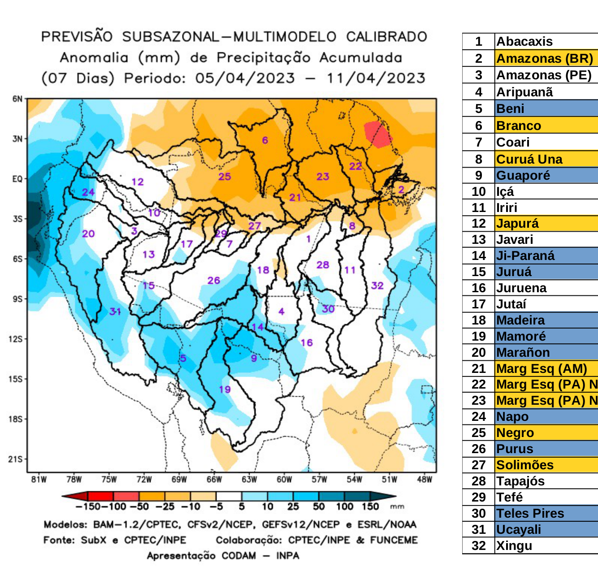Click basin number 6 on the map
pos(265,140)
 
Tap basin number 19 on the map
pos(225,389)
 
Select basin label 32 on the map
pos(377,285)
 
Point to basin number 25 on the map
pos(225,177)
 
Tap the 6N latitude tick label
pos(17,99)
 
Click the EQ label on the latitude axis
pos(17,179)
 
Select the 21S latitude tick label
pos(16,459)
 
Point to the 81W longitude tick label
pos(39,480)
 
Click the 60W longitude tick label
pos(284,480)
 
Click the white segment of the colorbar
pos(229,496)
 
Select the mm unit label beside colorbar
pos(397,507)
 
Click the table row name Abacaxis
pos(524,42)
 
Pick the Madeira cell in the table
pos(520,320)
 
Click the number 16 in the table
pos(478,288)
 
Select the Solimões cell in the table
pos(524,465)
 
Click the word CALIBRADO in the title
pos(386,37)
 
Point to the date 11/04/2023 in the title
pos(376,78)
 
